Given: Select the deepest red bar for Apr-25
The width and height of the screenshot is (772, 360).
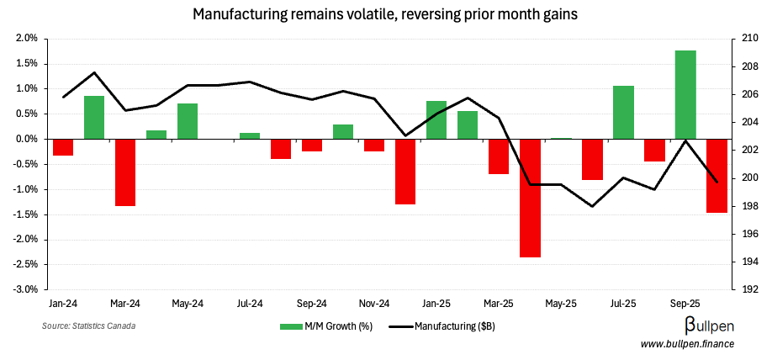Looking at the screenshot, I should [x=530, y=198].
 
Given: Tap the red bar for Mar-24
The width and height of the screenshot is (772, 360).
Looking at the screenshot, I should [x=125, y=172].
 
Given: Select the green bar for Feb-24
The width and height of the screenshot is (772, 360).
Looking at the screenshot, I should [x=94, y=117].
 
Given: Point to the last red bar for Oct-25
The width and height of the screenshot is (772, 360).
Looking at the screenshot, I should [x=716, y=176].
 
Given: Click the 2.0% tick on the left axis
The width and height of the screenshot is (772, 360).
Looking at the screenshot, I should [x=26, y=39].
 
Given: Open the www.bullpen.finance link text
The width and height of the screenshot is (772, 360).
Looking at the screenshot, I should [x=687, y=344].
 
